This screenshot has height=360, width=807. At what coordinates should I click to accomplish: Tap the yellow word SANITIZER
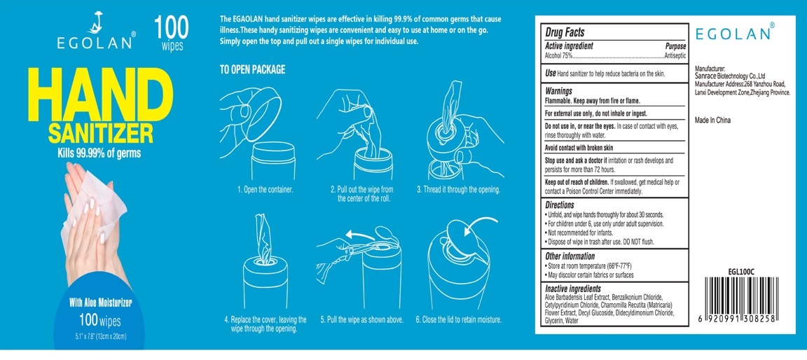(x=100, y=134)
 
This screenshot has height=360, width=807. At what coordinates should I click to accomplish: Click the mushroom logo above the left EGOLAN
(x=95, y=22)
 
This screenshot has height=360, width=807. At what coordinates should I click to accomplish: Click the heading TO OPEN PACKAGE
(x=252, y=70)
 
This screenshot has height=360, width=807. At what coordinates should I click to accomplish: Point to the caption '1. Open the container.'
(x=265, y=190)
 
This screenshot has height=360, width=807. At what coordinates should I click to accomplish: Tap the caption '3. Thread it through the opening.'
(x=459, y=190)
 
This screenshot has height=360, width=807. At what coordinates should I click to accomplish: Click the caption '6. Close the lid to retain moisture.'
(x=459, y=319)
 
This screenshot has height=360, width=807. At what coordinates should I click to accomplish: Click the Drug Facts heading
(x=565, y=32)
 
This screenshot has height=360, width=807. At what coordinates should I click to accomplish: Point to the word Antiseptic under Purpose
(x=675, y=55)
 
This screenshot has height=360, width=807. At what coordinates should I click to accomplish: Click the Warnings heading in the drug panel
(x=559, y=90)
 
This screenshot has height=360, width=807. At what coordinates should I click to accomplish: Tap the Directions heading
(x=560, y=205)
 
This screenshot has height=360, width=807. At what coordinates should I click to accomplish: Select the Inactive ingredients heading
(x=573, y=289)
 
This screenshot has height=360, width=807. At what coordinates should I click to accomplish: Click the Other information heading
(x=570, y=256)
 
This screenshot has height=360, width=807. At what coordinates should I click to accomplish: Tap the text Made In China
(x=713, y=120)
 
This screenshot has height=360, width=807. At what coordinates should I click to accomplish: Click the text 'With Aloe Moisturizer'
(x=100, y=303)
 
